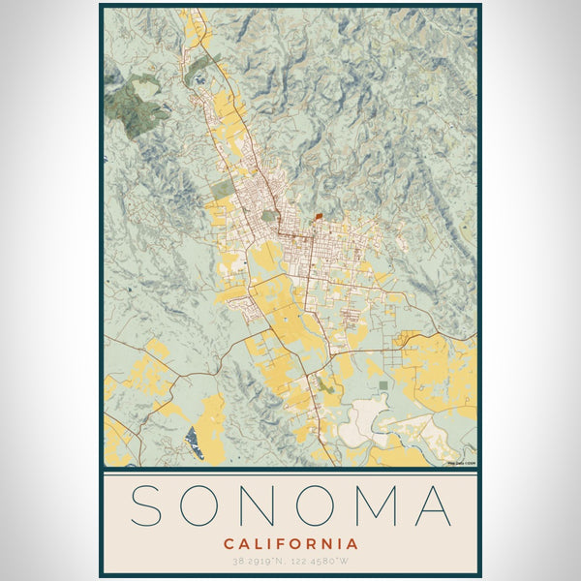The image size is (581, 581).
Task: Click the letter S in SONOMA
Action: coord(148,505)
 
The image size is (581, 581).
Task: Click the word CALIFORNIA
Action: coord(290,543)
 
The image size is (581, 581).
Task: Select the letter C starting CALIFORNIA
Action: coord(228,543)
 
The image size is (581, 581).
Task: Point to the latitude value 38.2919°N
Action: coord(255,562)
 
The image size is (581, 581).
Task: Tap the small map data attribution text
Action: coord(461,463)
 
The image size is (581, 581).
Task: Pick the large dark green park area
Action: coord(136,108)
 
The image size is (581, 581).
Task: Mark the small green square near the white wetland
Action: coord(384,386)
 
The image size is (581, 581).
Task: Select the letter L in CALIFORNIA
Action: coord(259,543)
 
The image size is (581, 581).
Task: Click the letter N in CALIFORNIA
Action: coord(330,543)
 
